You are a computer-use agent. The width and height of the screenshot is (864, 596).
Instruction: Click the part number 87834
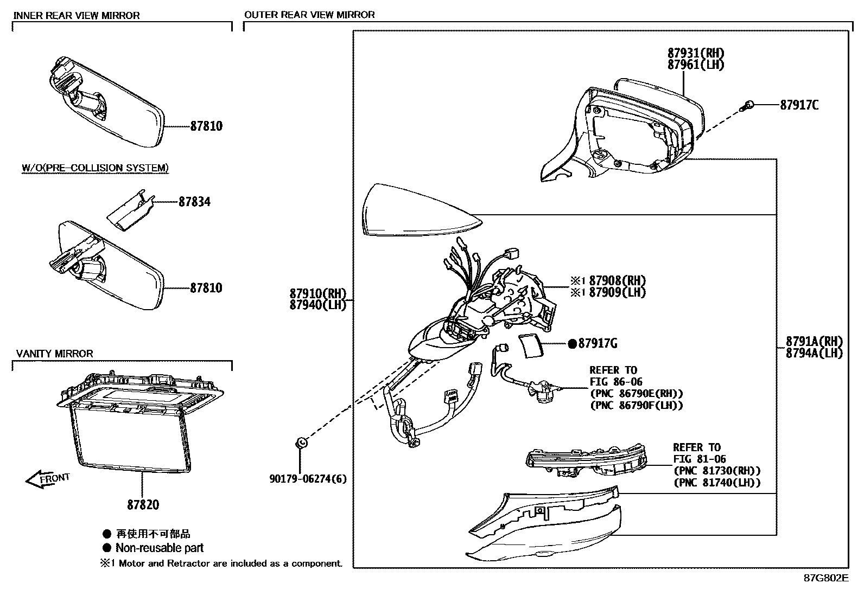[x=194, y=202]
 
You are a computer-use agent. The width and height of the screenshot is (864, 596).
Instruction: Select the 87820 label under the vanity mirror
[x=143, y=505]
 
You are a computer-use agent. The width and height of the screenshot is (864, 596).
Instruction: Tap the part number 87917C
[x=799, y=105]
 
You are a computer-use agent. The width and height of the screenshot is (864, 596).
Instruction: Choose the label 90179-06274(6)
[x=308, y=479]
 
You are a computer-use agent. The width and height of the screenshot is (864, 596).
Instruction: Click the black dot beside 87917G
[x=572, y=343]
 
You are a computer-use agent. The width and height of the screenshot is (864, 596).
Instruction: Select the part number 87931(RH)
[x=696, y=53]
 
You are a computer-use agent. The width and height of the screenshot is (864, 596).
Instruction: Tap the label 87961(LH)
[x=696, y=65]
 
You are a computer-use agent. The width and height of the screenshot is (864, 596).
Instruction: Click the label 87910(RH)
[x=317, y=294]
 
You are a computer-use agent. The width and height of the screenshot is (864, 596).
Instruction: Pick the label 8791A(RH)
[x=814, y=342]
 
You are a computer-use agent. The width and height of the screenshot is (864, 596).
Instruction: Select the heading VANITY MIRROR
[x=55, y=354]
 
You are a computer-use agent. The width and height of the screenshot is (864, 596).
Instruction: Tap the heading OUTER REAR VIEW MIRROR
[x=309, y=15]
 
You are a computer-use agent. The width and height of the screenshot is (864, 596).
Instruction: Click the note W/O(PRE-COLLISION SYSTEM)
[x=95, y=168]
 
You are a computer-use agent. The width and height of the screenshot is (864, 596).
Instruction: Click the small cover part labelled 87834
[x=129, y=211]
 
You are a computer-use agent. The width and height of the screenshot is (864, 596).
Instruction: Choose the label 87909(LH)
[x=618, y=292]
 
